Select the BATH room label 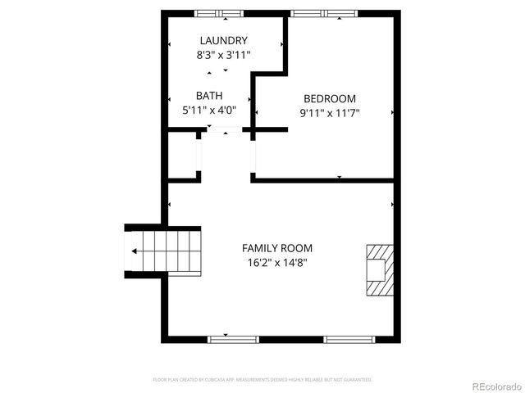209,96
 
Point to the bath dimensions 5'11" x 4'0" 209,110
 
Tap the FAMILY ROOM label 276,248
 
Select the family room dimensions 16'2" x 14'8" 276,263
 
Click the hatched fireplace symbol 379,269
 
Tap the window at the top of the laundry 219,13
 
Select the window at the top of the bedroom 325,13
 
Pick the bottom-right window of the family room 349,339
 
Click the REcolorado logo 488,385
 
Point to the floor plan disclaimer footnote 262,380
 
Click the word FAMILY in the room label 258,248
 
